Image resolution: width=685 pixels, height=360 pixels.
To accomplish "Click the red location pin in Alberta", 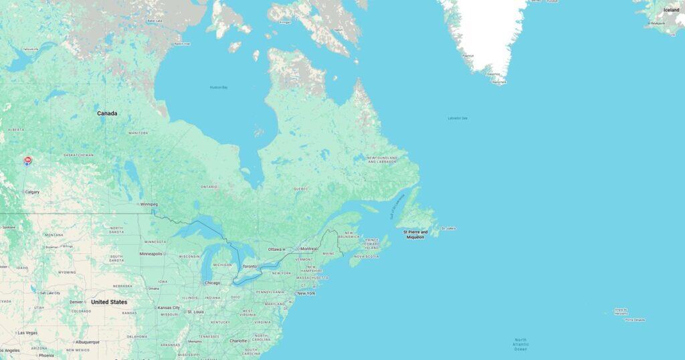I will [27, 161].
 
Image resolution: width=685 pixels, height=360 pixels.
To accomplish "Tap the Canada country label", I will [107, 113].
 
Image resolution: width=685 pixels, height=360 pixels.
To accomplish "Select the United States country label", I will [109, 302].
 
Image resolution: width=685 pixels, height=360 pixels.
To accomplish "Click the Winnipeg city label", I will [149, 204].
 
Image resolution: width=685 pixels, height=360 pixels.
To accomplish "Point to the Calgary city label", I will [32, 192].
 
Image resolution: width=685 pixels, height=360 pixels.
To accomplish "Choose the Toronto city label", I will [250, 266].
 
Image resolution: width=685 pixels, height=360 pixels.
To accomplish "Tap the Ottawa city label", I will [275, 249].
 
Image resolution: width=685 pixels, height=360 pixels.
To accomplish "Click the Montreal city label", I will [309, 249].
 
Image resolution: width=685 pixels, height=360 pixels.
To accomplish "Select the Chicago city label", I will [212, 282].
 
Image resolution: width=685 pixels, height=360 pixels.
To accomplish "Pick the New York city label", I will [306, 293].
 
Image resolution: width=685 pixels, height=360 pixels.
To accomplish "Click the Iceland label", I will [671, 10].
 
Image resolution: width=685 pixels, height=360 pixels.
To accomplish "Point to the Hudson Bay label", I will [219, 87].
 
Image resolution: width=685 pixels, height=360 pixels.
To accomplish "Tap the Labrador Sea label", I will [458, 118].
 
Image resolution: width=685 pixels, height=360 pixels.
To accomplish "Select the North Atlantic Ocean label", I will [520, 345].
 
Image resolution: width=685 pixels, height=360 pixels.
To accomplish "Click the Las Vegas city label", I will [27, 333].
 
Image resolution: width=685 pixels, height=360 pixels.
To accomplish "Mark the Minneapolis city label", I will [151, 254].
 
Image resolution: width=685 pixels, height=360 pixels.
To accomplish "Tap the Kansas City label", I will [169, 308].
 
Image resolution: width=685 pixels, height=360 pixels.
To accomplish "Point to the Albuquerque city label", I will [87, 342].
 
